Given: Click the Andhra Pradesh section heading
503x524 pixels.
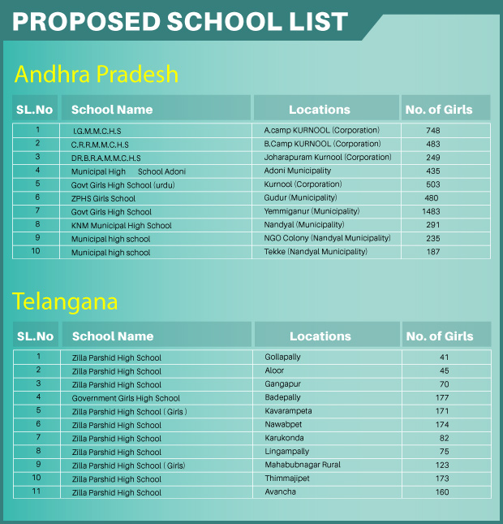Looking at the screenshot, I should pyautogui.click(x=97, y=75).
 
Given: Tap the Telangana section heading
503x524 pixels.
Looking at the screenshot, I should pyautogui.click(x=65, y=302).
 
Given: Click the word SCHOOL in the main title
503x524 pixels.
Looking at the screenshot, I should pyautogui.click(x=217, y=22).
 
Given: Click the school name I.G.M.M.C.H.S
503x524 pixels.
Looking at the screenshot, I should pyautogui.click(x=97, y=131).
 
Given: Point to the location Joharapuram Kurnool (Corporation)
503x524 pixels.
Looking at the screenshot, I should pyautogui.click(x=328, y=158).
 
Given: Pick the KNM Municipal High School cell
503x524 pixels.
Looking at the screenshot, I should pyautogui.click(x=121, y=225).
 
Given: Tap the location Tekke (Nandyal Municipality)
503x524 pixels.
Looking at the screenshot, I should pyautogui.click(x=316, y=252).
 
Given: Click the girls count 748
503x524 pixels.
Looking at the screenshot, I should pyautogui.click(x=432, y=130).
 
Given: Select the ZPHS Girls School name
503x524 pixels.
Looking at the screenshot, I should pyautogui.click(x=103, y=198).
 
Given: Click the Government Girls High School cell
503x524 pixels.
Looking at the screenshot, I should pyautogui.click(x=126, y=398).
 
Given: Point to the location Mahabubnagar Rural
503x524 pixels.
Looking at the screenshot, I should pyautogui.click(x=303, y=466).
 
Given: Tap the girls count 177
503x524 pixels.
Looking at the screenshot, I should pyautogui.click(x=442, y=398).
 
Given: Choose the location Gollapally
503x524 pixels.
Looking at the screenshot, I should pyautogui.click(x=282, y=357).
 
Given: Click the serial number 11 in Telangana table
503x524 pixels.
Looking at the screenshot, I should pyautogui.click(x=37, y=492).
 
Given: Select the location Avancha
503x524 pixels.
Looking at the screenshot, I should pyautogui.click(x=280, y=492).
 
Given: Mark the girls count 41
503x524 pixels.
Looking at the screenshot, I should pyautogui.click(x=444, y=357).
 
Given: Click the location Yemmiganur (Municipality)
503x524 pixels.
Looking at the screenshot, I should pyautogui.click(x=312, y=211).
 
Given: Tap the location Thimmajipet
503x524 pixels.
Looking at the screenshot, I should pyautogui.click(x=287, y=479).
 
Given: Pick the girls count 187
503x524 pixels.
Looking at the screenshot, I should pyautogui.click(x=432, y=252).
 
